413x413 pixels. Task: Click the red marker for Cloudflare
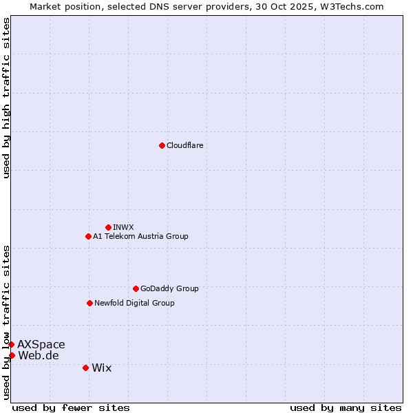pyautogui.click(x=162, y=145)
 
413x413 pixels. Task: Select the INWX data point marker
pyautogui.click(x=108, y=227)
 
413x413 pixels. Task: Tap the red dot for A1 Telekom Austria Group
pyautogui.click(x=88, y=236)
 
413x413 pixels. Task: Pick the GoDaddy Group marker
pyautogui.click(x=136, y=288)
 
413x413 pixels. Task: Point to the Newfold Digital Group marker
pyautogui.click(x=89, y=303)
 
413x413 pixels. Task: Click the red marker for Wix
pyautogui.click(x=85, y=368)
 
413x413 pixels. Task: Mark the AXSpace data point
pyautogui.click(x=11, y=344)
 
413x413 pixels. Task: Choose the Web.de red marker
pyautogui.click(x=12, y=355)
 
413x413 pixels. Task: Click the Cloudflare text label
pyautogui.click(x=184, y=145)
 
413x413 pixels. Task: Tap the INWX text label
pyautogui.click(x=123, y=227)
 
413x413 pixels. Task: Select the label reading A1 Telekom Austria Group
pyautogui.click(x=140, y=236)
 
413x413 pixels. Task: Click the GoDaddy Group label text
pyautogui.click(x=169, y=288)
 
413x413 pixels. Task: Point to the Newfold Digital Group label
pyautogui.click(x=134, y=303)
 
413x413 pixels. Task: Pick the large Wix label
pyautogui.click(x=101, y=368)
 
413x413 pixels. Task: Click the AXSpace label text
pyautogui.click(x=41, y=344)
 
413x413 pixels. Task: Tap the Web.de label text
pyautogui.click(x=39, y=355)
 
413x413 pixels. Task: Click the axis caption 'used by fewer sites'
pyautogui.click(x=71, y=407)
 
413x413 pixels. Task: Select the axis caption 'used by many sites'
pyautogui.click(x=346, y=407)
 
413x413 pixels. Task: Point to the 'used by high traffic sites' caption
pyautogui.click(x=6, y=98)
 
